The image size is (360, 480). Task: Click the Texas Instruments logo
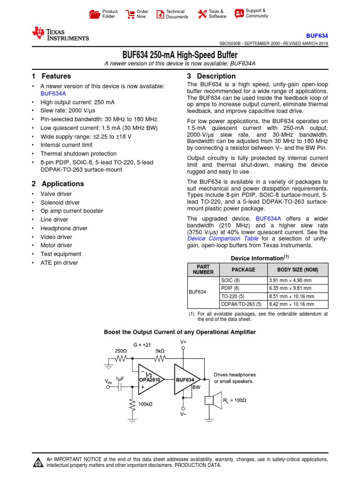pos(60,34)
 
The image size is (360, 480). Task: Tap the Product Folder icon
pos(95,14)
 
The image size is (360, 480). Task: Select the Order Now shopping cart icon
pos(130,14)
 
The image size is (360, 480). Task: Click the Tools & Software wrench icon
pos(202,14)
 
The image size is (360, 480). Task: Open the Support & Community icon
pos(239,13)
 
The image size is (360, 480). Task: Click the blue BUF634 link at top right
pos(317,36)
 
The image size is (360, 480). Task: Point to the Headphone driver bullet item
pos(64,228)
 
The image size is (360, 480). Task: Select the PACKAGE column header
pos(243,270)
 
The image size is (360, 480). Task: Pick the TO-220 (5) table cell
pos(232,296)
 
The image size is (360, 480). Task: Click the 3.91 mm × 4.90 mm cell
pos(290,280)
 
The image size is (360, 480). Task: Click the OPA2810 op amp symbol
pos(150,379)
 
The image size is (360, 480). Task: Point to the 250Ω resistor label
pos(121,350)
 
